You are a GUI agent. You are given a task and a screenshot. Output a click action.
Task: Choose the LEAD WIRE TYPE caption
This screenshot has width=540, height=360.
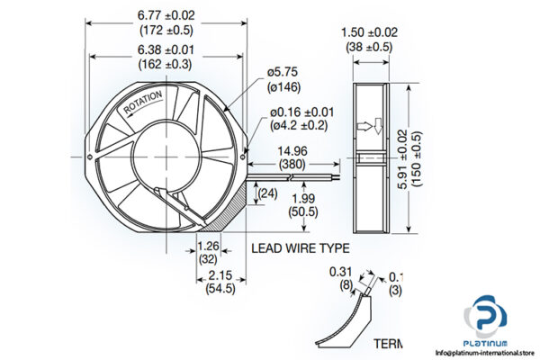[300, 247]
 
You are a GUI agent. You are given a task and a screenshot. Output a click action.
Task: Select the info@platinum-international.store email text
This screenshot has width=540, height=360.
[485, 353]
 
